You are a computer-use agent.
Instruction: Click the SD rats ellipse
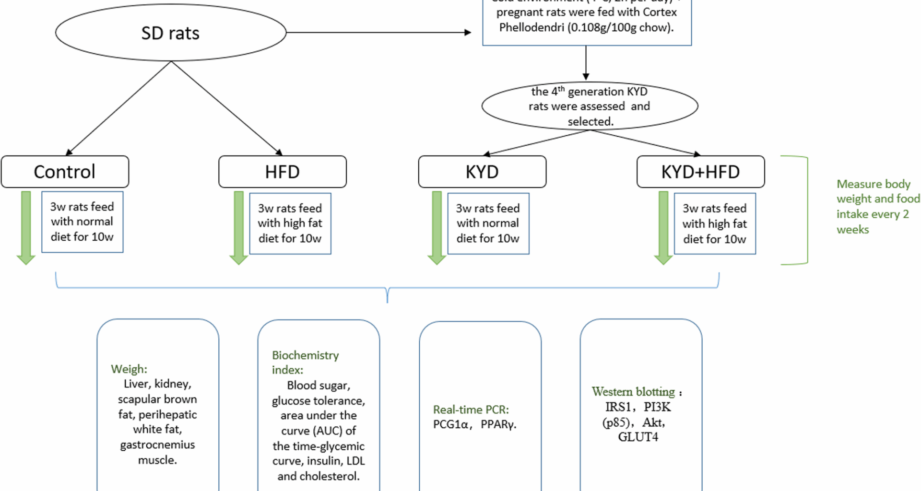(x=171, y=33)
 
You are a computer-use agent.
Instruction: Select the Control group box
(x=65, y=172)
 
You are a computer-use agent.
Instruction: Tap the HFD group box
(x=282, y=172)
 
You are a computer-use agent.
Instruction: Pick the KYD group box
(x=482, y=172)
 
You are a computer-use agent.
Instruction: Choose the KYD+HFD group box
(x=700, y=172)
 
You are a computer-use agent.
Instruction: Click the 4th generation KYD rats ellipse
(x=590, y=106)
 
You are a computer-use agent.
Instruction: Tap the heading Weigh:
(x=129, y=369)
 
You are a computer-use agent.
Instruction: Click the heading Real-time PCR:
(x=471, y=409)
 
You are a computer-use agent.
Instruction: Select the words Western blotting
(x=633, y=392)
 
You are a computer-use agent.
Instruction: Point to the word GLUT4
(x=638, y=437)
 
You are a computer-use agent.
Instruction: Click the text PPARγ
(x=498, y=424)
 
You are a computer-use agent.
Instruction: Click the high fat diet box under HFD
(x=290, y=223)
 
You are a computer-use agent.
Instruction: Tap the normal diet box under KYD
(x=488, y=223)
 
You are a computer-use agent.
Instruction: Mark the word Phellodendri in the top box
(x=531, y=27)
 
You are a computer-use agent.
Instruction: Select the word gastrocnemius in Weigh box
(x=157, y=444)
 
